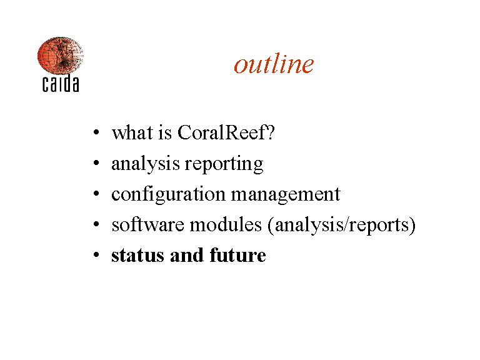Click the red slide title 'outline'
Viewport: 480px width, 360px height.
[274, 63]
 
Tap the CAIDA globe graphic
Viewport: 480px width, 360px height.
[60, 56]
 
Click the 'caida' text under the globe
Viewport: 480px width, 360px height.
[61, 84]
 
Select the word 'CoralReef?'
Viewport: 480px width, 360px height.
[226, 132]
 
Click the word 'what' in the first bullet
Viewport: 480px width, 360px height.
[132, 132]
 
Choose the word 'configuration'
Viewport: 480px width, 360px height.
[168, 195]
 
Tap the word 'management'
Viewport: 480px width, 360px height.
[286, 195]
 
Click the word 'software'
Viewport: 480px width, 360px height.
[148, 224]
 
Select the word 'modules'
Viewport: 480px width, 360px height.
[226, 224]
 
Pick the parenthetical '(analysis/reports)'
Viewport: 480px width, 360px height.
[342, 226]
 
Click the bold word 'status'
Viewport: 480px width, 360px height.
[137, 256]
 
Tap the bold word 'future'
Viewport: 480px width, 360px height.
[238, 255]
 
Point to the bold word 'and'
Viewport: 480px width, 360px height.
[187, 255]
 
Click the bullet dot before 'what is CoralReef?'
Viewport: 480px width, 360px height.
[96, 132]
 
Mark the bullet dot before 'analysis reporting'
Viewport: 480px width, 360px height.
[96, 163]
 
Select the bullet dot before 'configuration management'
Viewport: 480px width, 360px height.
[96, 194]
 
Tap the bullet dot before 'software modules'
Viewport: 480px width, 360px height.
[96, 224]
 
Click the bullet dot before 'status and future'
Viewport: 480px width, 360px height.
[96, 255]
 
